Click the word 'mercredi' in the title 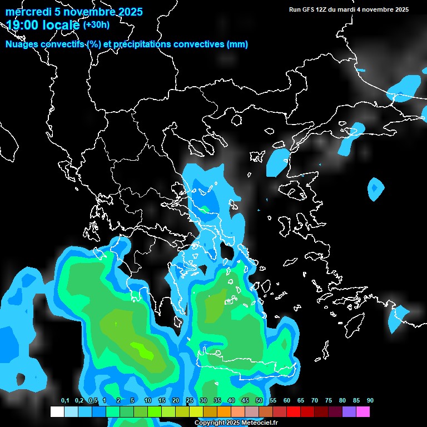pyautogui.click(x=26, y=12)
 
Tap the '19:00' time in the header pyautogui.click(x=23, y=25)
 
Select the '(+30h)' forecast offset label pyautogui.click(x=96, y=24)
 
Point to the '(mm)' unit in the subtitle pyautogui.click(x=237, y=44)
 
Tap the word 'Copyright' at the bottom pyautogui.click(x=210, y=423)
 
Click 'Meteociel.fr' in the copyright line pyautogui.click(x=260, y=423)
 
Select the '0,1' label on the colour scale pyautogui.click(x=65, y=401)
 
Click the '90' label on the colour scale pyautogui.click(x=370, y=401)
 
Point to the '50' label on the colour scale pyautogui.click(x=259, y=401)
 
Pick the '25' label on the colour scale pyautogui.click(x=190, y=401)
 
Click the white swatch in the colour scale pyautogui.click(x=57, y=412)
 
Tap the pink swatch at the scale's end pyautogui.click(x=363, y=412)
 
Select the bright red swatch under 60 pyautogui.click(x=293, y=412)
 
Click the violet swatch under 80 pyautogui.click(x=349, y=412)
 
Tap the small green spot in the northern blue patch pyautogui.click(x=205, y=209)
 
